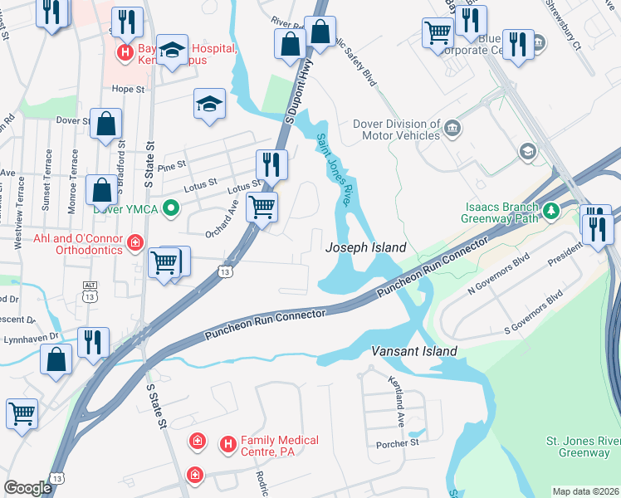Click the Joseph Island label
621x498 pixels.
click(x=365, y=247)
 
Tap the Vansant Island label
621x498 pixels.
click(x=413, y=351)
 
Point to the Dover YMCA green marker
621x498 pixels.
click(x=171, y=207)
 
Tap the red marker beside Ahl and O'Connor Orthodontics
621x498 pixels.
click(x=134, y=243)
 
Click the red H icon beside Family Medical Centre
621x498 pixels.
click(x=228, y=445)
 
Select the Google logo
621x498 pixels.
click(x=28, y=487)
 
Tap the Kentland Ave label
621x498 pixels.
click(x=397, y=401)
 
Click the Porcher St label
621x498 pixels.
click(x=398, y=443)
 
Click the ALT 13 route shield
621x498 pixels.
click(x=90, y=290)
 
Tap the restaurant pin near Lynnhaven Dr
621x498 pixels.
click(x=93, y=342)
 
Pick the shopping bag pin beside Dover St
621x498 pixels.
click(x=106, y=124)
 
